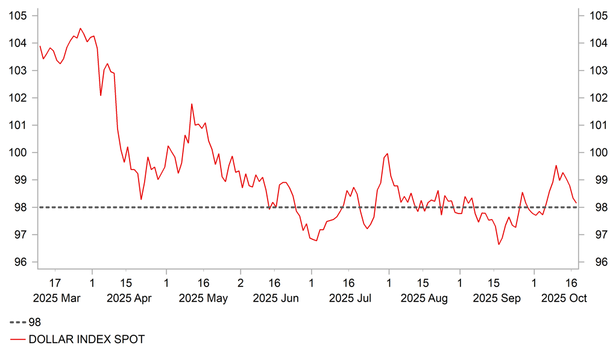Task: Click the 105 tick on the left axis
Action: (19, 16)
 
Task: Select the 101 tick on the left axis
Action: (19, 125)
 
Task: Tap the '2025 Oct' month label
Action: (564, 298)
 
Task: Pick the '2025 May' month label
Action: (203, 298)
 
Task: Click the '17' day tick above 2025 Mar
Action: (55, 282)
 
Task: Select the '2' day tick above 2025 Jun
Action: (240, 282)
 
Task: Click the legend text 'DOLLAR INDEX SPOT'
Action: (87, 339)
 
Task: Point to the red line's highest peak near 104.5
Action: (80, 28)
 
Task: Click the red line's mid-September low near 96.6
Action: (498, 244)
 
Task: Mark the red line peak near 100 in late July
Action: (387, 153)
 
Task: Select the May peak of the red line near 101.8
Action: (192, 104)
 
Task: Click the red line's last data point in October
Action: (576, 203)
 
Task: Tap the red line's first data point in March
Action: (40, 46)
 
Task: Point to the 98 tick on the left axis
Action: (19, 207)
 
